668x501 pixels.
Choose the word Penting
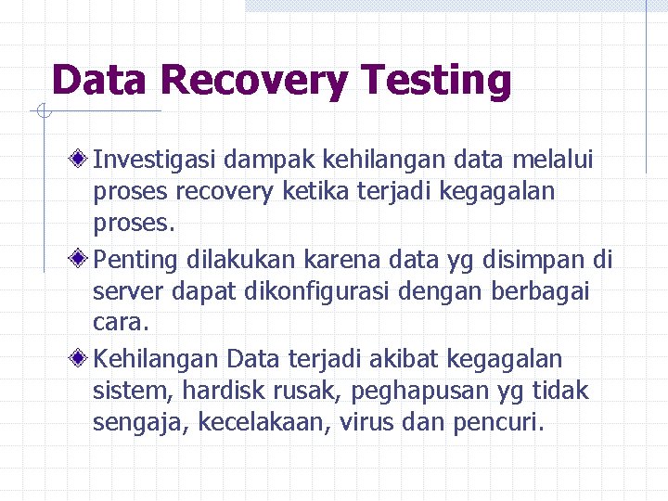tap(136, 257)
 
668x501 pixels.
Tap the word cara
tap(118, 322)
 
